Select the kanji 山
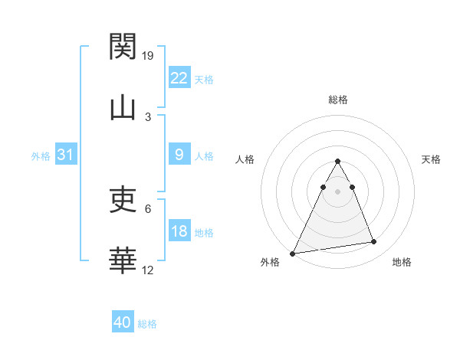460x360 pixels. [x=123, y=108]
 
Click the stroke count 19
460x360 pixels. [x=149, y=55]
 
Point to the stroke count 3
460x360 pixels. [x=148, y=116]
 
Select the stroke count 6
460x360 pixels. [x=148, y=208]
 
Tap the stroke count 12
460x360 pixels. [x=149, y=270]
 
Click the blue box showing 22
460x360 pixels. [x=179, y=78]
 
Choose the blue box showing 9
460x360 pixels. [x=179, y=155]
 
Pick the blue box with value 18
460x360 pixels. [x=179, y=231]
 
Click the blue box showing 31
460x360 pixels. [x=66, y=155]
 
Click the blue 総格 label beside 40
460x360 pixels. [x=147, y=324]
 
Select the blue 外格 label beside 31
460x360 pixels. [x=41, y=155]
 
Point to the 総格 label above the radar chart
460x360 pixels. [x=337, y=100]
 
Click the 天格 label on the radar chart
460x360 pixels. [x=431, y=159]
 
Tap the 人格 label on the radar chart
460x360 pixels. [x=245, y=159]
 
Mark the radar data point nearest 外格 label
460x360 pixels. [x=293, y=254]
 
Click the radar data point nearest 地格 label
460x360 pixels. [x=374, y=242]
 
